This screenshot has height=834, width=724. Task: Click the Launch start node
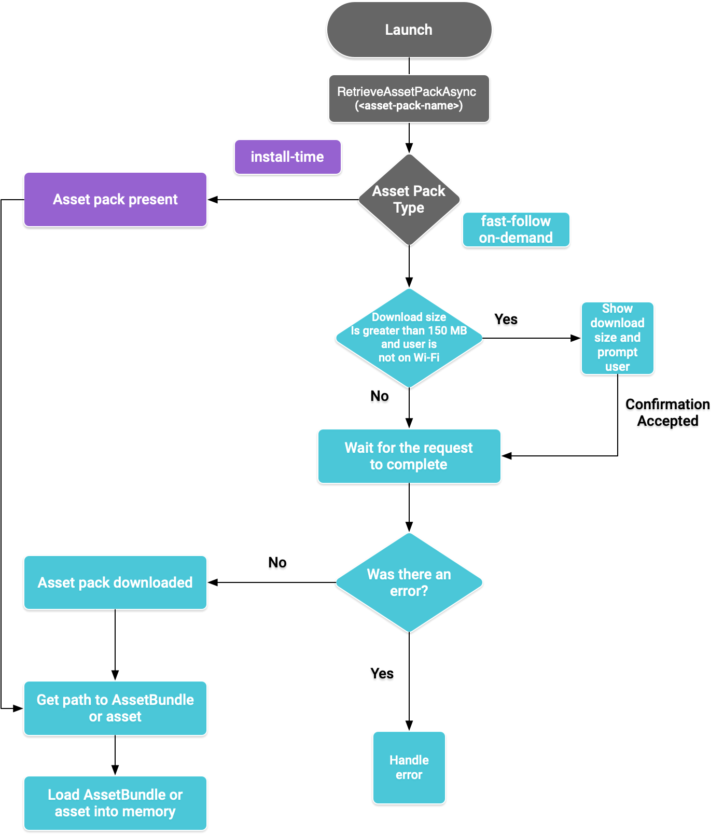point(409,30)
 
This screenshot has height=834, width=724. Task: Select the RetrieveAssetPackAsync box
point(409,99)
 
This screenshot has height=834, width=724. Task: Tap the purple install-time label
point(287,157)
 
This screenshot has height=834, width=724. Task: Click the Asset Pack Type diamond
point(409,199)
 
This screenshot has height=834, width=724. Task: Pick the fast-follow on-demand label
point(516,229)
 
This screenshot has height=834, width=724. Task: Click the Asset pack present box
point(115,199)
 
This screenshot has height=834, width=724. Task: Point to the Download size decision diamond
point(409,338)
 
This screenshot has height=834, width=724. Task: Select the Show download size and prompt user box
point(617,338)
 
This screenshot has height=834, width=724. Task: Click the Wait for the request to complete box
point(409,456)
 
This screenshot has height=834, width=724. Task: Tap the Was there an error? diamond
point(409,582)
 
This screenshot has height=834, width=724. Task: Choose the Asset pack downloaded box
point(115,582)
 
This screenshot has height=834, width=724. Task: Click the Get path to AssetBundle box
point(115,708)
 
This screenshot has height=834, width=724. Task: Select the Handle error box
point(409,767)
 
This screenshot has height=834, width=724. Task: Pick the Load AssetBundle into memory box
point(115,803)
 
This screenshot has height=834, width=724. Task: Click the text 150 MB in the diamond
point(448,330)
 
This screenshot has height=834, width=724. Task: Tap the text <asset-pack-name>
point(409,106)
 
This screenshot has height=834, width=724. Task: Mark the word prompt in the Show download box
point(617,352)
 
